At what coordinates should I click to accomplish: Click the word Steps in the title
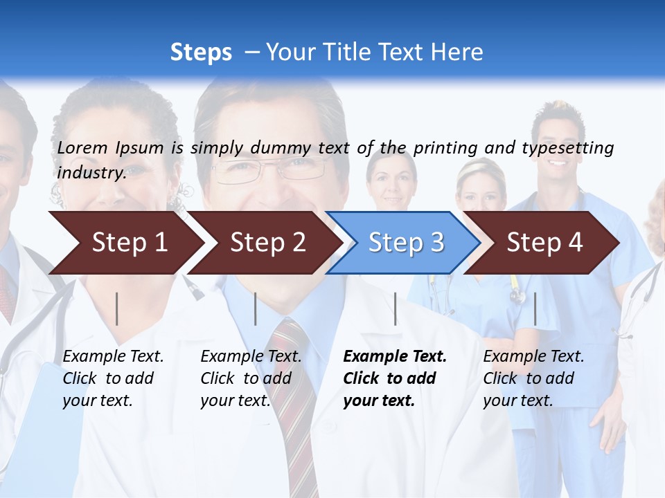click(201, 53)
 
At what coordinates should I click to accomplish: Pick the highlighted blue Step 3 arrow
click(406, 243)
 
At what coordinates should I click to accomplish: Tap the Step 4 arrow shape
click(544, 243)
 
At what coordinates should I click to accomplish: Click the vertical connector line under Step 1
click(117, 308)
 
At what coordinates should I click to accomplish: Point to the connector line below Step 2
click(256, 308)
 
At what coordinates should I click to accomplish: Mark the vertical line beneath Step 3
click(395, 308)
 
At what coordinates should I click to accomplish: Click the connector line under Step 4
click(535, 308)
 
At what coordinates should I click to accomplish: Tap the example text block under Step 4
click(533, 378)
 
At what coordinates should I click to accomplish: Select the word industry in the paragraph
click(91, 172)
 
